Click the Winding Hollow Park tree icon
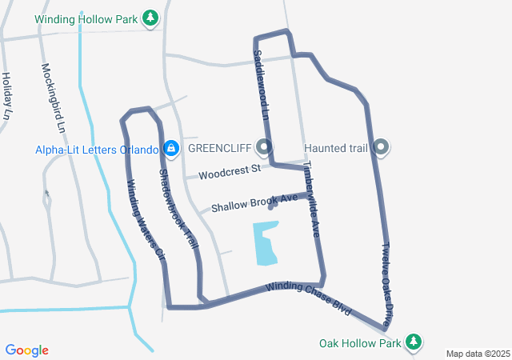tap(150, 17)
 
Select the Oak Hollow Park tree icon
tap(413, 342)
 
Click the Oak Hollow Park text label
tap(359, 343)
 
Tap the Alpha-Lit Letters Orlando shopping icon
tap(170, 148)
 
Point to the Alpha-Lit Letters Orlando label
tap(96, 149)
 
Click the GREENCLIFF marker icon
tap(264, 147)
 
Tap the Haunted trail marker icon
tap(382, 147)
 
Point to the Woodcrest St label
tap(230, 170)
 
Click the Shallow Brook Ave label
tap(254, 202)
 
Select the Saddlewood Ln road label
tap(259, 84)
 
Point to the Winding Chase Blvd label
tap(309, 297)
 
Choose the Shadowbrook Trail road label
tap(178, 208)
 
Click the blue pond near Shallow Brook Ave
tap(266, 243)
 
